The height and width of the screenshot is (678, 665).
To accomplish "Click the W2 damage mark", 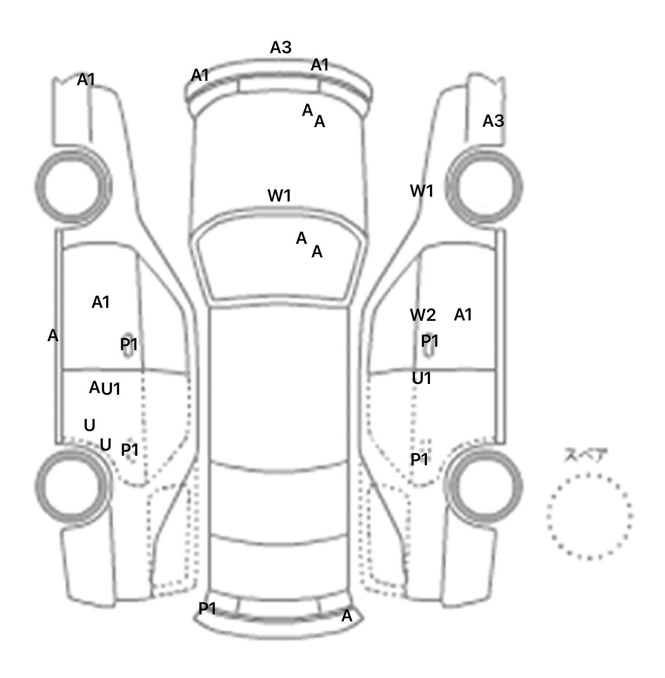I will click(423, 315).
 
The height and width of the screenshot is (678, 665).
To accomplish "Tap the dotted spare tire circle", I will click(589, 516).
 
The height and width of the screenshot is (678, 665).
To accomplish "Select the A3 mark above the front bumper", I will click(281, 47).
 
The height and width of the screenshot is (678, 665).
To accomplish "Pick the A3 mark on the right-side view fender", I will click(493, 121).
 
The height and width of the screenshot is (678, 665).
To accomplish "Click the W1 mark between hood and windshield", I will click(279, 196).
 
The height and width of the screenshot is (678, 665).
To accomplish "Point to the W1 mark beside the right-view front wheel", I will click(422, 191).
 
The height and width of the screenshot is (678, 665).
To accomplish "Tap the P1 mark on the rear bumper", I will click(207, 609).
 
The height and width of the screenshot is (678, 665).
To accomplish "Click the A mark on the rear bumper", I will click(347, 616).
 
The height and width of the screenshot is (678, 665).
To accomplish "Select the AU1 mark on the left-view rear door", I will click(105, 388).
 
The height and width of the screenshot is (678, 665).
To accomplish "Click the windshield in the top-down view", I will click(279, 259).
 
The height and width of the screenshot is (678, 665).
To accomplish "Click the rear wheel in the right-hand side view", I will click(484, 485).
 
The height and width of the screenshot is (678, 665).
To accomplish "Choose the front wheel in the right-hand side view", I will click(484, 187).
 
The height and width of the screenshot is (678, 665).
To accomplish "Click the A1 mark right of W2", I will click(463, 315).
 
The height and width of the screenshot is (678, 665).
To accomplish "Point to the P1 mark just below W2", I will click(430, 341).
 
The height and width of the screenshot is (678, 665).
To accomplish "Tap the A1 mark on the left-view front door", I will click(100, 302).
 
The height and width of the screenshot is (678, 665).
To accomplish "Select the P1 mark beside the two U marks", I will click(129, 450).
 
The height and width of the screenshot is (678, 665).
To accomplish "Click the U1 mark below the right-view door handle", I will click(422, 379).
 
